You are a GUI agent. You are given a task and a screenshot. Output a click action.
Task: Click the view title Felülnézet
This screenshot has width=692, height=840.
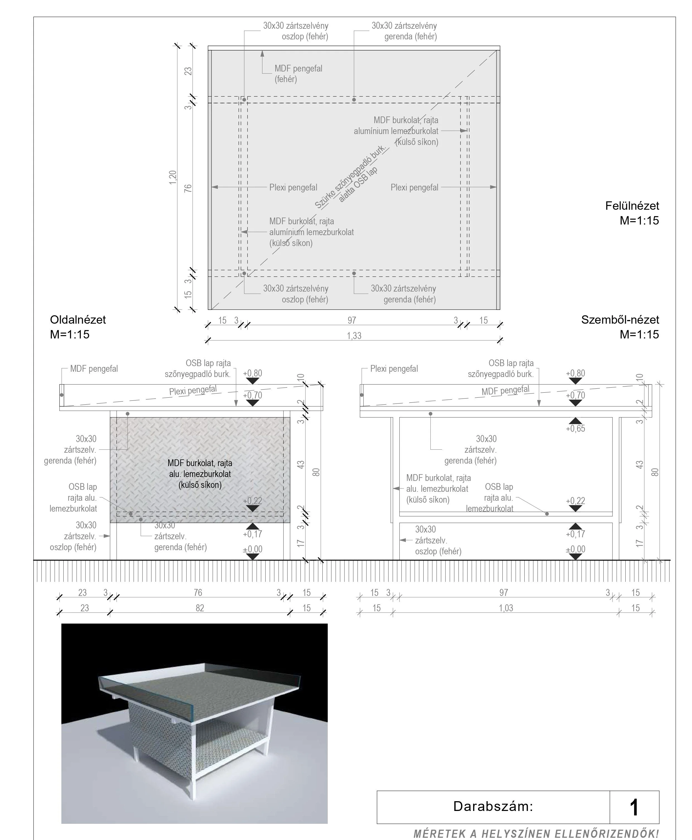pos(632,206)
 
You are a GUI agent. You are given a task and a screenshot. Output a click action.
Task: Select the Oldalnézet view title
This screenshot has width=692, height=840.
pos(78,320)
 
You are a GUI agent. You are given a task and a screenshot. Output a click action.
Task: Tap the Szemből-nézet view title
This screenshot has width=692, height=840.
pos(620,320)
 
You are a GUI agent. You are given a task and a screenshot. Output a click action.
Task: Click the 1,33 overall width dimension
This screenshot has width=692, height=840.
pos(354,336)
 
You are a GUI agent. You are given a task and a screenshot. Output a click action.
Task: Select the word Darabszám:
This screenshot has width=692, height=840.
pos(493,806)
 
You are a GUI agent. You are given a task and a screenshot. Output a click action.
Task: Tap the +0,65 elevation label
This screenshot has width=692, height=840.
pos(575,429)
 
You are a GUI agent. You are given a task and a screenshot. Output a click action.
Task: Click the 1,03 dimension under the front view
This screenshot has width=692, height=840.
pos(506,608)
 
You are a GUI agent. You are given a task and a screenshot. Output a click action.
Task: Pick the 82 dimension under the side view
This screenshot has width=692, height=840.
pos(200,608)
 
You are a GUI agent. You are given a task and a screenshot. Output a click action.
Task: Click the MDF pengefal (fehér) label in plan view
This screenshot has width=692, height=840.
pos(298,74)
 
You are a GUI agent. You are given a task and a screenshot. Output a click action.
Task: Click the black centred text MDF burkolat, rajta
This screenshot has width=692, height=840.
pos(200,463)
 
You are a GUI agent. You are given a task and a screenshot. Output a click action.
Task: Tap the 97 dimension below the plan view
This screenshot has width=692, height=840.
pos(352,320)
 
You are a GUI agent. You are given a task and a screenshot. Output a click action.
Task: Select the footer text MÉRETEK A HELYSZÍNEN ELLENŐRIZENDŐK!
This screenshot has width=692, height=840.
pos(536,834)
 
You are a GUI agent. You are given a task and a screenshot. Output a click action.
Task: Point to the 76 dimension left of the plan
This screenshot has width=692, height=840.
pos(188,188)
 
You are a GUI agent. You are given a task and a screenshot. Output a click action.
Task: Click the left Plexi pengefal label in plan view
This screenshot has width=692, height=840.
pos(293,188)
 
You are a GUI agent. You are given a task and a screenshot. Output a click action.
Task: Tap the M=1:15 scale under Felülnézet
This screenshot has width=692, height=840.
pos(639,221)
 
